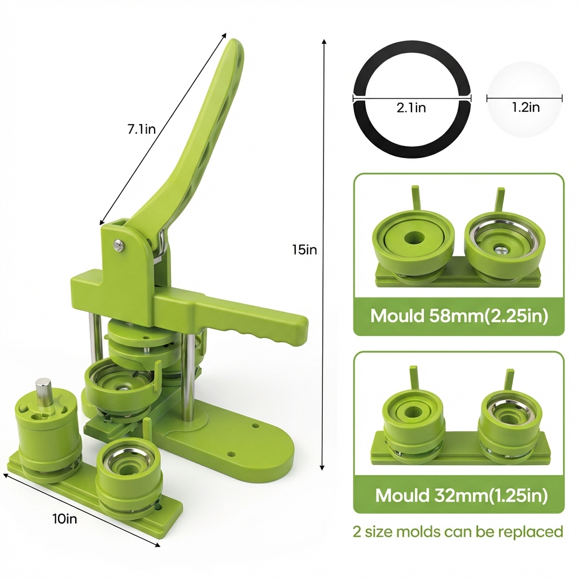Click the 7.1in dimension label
pos(142,129)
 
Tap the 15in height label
pos(304,249)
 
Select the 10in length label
pos(65,519)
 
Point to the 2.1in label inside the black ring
pos(411,108)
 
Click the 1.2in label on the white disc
pos(526,107)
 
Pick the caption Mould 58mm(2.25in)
pos(459,316)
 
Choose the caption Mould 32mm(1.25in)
pos(461,495)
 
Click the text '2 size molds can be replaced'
pos(458,532)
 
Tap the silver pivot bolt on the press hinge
pos(118,244)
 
